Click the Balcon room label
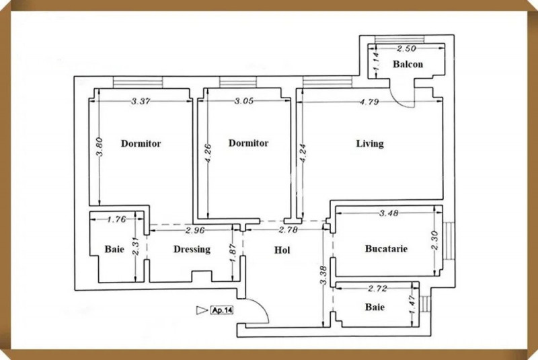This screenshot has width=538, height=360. pyautogui.click(x=408, y=65)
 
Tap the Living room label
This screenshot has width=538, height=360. pyautogui.click(x=370, y=143)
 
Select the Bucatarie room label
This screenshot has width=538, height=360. pyautogui.click(x=387, y=248)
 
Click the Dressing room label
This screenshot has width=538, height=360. pyautogui.click(x=192, y=249)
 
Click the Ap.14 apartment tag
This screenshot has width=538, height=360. pyautogui.click(x=222, y=310)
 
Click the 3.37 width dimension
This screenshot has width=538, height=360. pyautogui.click(x=140, y=102)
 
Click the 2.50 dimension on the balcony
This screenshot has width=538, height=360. pyautogui.click(x=406, y=48)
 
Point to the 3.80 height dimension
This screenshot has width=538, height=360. pyautogui.click(x=99, y=148)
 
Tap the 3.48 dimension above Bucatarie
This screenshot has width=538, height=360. pyautogui.click(x=389, y=213)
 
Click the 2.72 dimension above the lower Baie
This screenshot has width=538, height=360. pyautogui.click(x=376, y=289)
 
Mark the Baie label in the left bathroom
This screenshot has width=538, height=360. pyautogui.click(x=114, y=249)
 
